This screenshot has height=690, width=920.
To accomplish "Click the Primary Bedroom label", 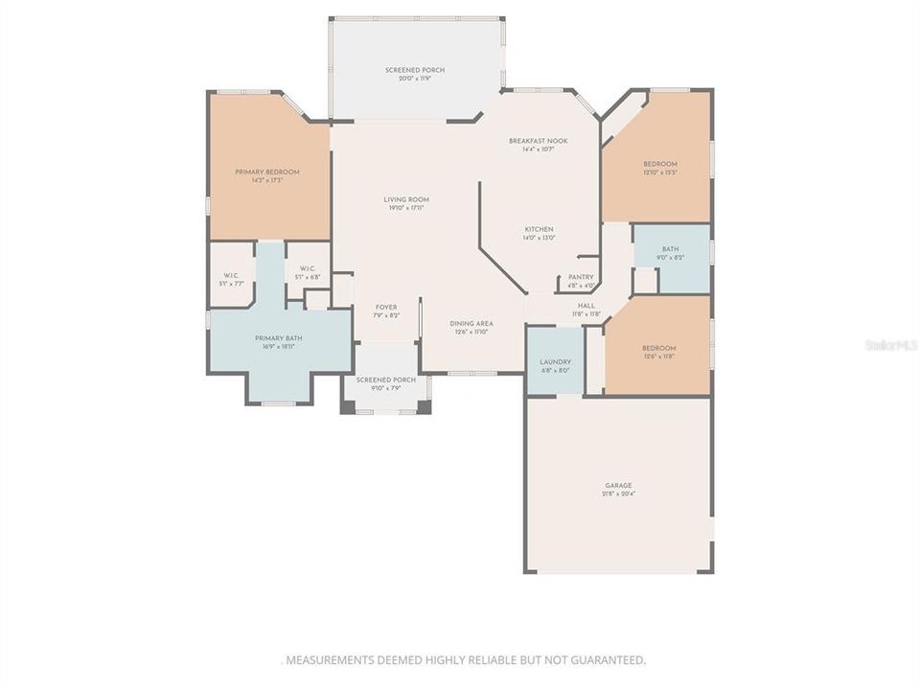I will click(267, 172).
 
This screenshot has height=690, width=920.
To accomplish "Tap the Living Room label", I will click(405, 199).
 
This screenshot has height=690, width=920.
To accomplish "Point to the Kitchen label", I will click(539, 230).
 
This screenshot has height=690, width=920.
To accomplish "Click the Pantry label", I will click(582, 277).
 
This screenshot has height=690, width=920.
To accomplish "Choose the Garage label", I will click(618, 486).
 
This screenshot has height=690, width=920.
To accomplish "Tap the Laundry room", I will click(556, 362).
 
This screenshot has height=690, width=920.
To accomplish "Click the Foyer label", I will click(386, 308).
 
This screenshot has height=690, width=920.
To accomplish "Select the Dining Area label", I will click(471, 324).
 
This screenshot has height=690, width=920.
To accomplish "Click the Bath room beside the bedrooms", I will click(670, 253).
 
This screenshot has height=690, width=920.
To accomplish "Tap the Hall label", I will click(586, 306).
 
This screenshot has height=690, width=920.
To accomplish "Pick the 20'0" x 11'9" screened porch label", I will click(415, 71).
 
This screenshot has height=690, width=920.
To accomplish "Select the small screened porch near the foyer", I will click(386, 380).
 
